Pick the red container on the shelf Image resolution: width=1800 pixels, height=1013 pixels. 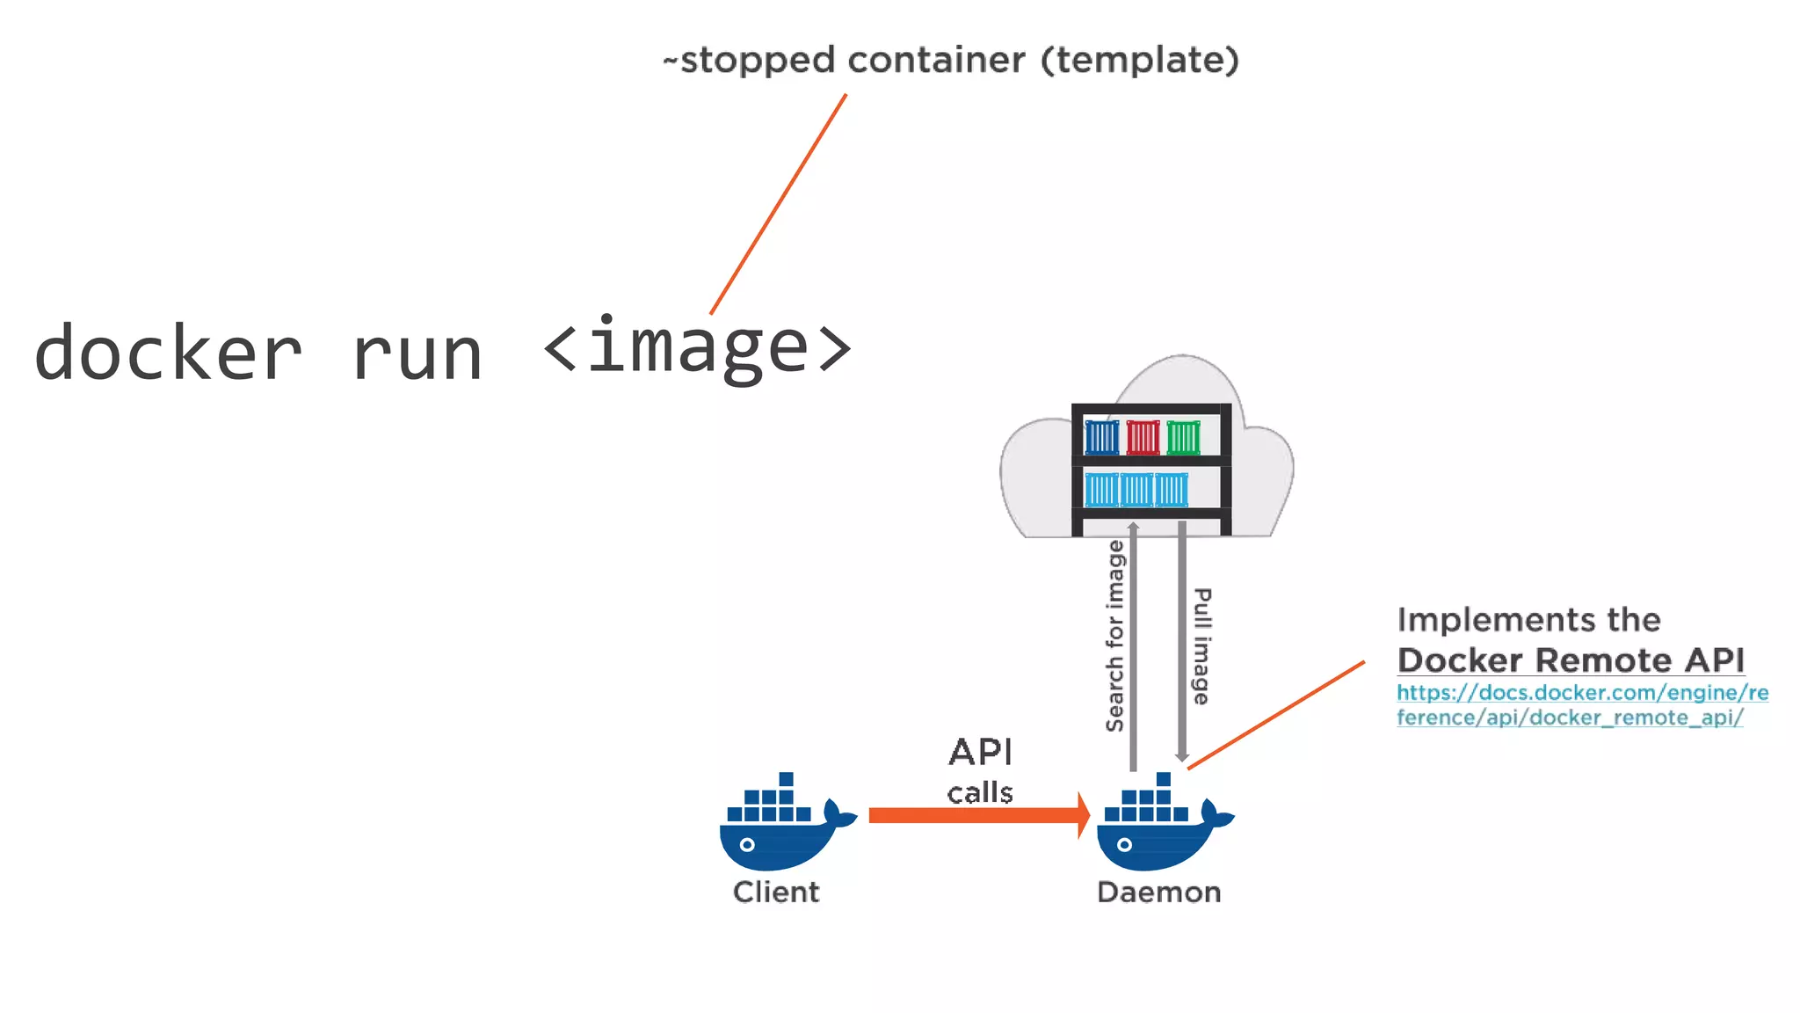click(1143, 437)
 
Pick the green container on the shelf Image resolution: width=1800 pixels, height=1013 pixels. click(1183, 437)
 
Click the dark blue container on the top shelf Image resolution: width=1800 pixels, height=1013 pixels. click(1101, 437)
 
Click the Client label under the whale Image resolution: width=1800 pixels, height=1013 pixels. click(776, 892)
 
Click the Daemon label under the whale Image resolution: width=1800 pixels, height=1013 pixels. click(1158, 892)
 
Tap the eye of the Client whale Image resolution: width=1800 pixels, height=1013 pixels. click(747, 844)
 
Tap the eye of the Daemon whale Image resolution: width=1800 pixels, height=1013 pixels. click(1124, 844)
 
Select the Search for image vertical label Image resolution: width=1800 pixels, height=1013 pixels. click(1114, 636)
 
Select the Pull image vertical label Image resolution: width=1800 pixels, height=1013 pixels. click(1201, 646)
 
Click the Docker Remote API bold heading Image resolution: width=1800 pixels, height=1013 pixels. click(1570, 660)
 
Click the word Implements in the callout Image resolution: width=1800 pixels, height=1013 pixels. click(1477, 620)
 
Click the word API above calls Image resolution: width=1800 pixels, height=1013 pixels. click(980, 752)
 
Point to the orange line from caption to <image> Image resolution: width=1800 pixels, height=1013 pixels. click(778, 204)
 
